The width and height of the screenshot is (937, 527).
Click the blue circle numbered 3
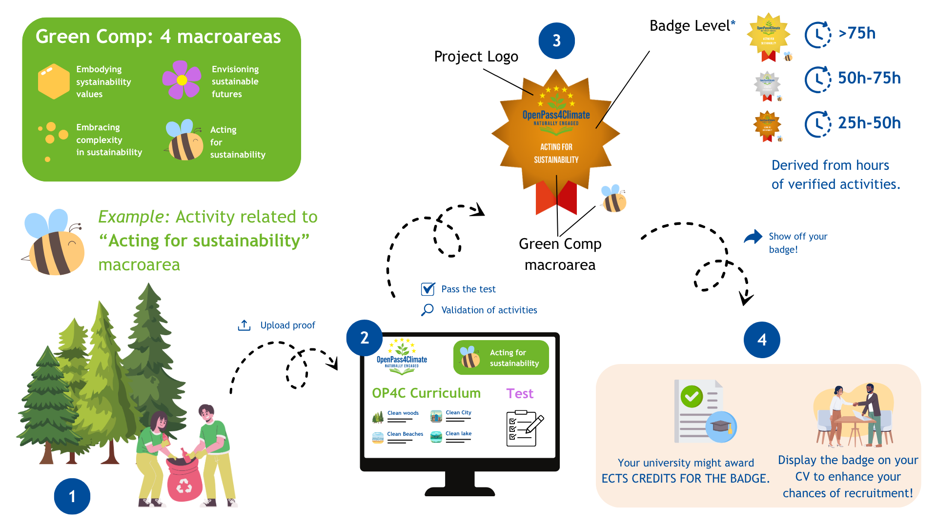point(556,41)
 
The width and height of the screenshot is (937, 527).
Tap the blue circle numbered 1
point(72,496)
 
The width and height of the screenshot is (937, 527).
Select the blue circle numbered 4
point(762,340)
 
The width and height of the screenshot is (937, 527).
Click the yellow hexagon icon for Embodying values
point(54,81)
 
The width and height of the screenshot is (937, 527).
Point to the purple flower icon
point(182,80)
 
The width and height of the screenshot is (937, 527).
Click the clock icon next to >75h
point(817,34)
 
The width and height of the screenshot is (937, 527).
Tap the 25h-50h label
point(869,123)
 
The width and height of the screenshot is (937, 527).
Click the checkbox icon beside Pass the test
point(428,289)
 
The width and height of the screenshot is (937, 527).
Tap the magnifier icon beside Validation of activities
point(428,310)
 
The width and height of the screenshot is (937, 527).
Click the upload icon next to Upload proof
point(244,325)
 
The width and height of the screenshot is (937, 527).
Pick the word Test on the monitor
point(520,393)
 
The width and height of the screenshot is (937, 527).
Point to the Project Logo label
point(476,57)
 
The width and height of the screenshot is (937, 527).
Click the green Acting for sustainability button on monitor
point(501,358)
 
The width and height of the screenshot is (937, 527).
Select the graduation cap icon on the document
point(721,426)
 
